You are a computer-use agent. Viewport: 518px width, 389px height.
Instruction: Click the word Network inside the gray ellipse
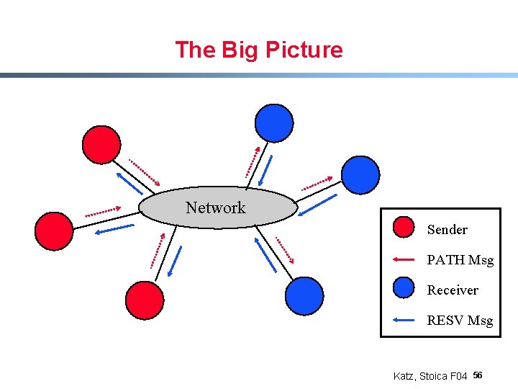tap(215, 208)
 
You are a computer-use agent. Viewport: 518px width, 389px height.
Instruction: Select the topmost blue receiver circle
tap(275, 122)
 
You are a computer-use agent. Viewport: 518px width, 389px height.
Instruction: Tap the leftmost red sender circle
tap(54, 231)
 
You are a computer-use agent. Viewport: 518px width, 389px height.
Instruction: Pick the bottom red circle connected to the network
tap(145, 300)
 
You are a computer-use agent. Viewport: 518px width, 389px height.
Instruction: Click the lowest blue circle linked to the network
tap(304, 295)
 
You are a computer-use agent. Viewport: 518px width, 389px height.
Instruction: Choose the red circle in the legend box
tap(404, 228)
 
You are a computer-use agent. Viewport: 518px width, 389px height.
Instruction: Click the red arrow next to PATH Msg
tap(404, 259)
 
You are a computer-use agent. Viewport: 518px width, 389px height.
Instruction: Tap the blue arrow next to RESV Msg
tap(404, 319)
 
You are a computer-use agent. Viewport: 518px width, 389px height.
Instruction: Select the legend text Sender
tap(447, 230)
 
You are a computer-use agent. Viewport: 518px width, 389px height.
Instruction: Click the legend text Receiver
tap(453, 290)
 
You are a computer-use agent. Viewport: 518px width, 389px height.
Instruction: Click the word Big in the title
tap(241, 50)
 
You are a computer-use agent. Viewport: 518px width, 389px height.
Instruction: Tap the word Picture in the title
tap(304, 50)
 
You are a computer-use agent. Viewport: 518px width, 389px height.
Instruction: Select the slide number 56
tap(478, 375)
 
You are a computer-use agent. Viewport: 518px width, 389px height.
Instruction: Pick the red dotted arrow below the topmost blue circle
tap(253, 161)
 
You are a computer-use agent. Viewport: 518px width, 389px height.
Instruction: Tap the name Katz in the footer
tap(404, 376)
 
